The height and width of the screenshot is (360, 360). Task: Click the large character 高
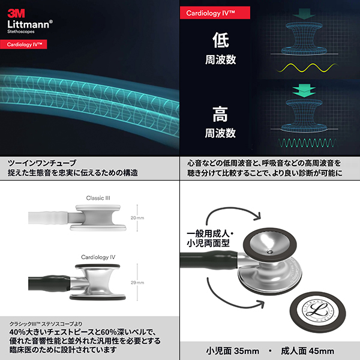tap(221, 114)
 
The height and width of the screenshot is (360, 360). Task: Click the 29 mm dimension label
tap(137, 282)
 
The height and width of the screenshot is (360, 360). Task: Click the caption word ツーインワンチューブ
tap(42, 163)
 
